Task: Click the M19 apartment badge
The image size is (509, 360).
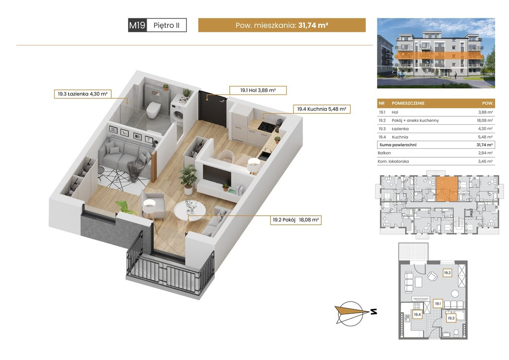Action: [x=138, y=25]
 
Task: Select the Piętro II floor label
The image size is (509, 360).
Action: [x=167, y=25]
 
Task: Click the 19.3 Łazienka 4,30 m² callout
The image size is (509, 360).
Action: [x=83, y=94]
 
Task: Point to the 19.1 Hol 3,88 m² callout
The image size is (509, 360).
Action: [x=258, y=90]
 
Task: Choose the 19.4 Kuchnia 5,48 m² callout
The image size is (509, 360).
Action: [x=322, y=109]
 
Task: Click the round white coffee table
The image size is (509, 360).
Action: [x=190, y=211]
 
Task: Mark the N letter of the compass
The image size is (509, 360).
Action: [x=374, y=312]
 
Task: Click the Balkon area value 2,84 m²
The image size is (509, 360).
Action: [x=485, y=153]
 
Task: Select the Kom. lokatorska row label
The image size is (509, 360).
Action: [x=393, y=161]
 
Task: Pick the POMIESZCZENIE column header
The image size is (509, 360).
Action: [x=408, y=103]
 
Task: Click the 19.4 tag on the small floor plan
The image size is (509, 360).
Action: [x=417, y=314]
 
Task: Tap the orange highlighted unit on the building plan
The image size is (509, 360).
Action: [x=447, y=189]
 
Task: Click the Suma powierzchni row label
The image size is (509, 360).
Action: [x=398, y=145]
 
